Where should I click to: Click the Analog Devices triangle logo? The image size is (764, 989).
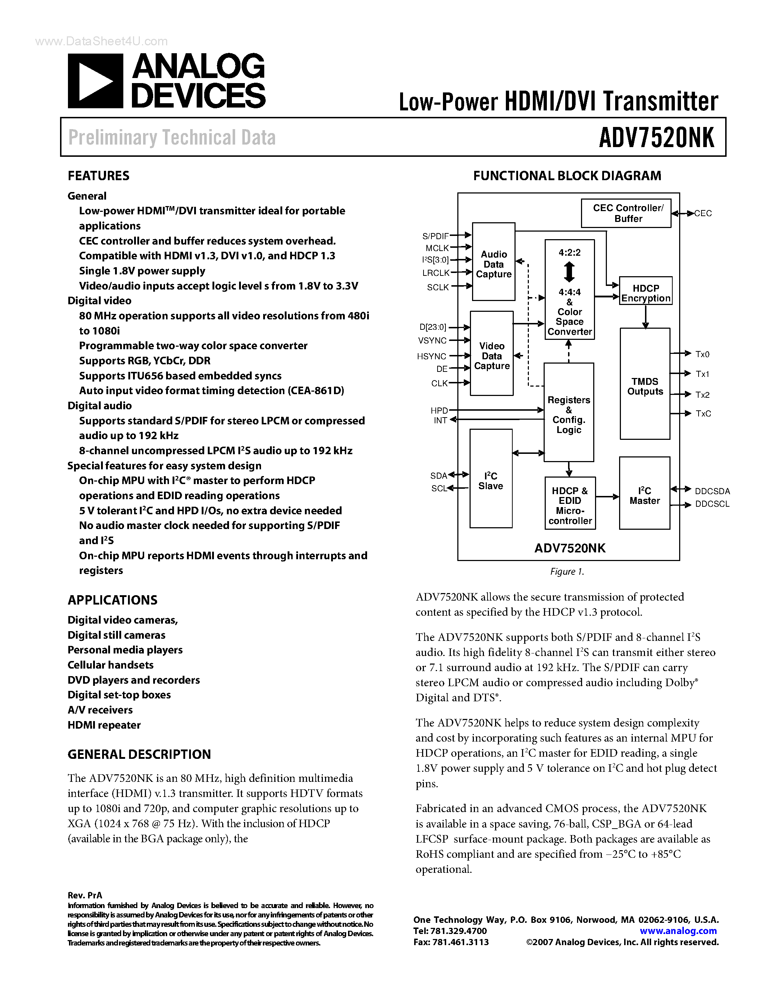coord(95,81)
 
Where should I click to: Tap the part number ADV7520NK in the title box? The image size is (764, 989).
coord(656,137)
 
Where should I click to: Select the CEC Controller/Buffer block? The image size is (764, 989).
coord(626,213)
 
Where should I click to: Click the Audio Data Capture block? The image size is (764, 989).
coord(493,262)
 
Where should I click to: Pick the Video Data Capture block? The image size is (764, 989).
coord(491,354)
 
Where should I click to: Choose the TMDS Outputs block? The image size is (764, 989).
coord(645,384)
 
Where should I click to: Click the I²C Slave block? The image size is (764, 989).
coord(491,479)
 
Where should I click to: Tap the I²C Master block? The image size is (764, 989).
coord(645,493)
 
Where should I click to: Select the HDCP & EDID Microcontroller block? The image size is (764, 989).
coord(570,503)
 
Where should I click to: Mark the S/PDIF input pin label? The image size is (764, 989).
coord(435,236)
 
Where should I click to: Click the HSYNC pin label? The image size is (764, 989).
coord(431,356)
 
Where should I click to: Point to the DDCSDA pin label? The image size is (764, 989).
coord(712,491)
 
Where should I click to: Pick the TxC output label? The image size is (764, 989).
coord(703,414)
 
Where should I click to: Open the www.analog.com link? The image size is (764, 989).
coord(678,931)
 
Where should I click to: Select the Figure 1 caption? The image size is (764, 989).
coord(567,572)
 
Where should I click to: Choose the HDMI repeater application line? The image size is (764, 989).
coord(104,725)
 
